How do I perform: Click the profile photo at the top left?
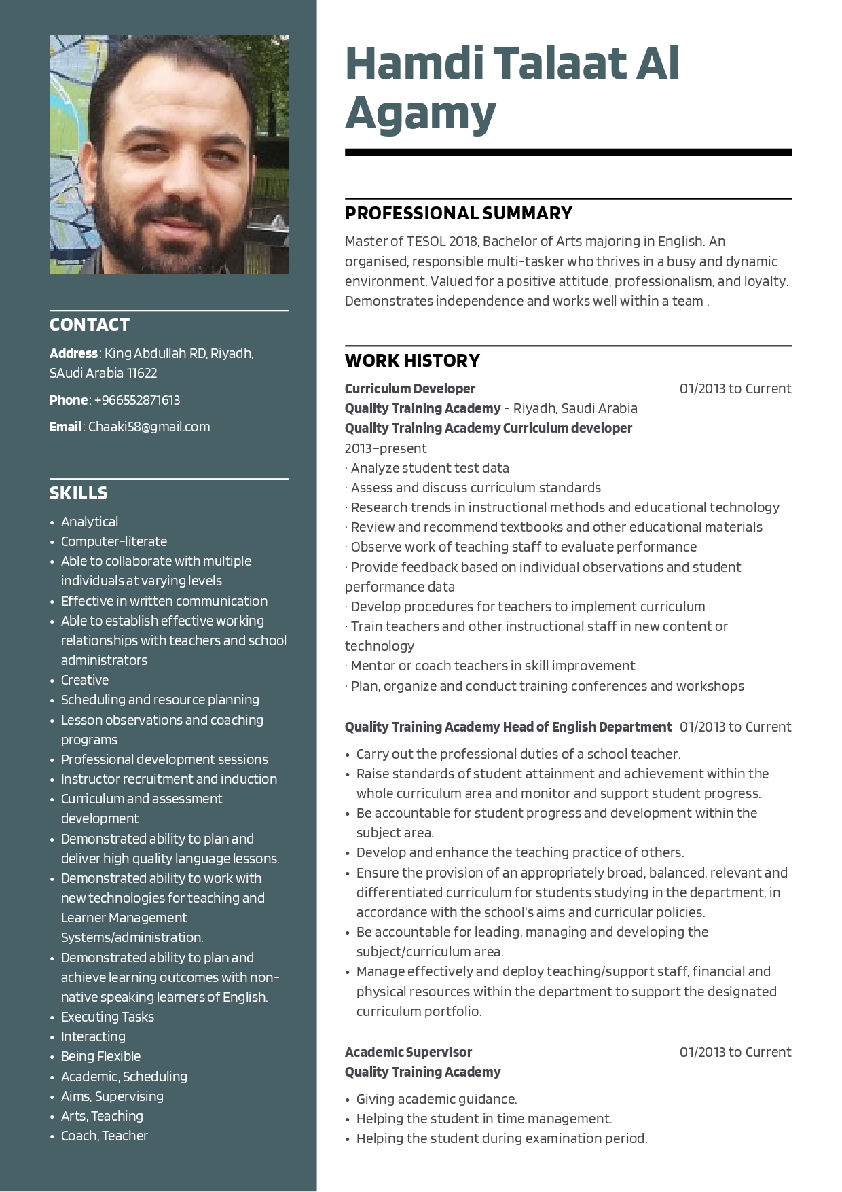[x=168, y=155]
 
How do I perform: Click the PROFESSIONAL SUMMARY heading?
[x=458, y=213]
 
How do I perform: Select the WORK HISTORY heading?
[x=412, y=361]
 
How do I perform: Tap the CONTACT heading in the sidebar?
[x=90, y=325]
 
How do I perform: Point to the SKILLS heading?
[x=78, y=493]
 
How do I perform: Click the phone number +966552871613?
[x=136, y=400]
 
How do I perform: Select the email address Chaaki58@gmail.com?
[x=149, y=427]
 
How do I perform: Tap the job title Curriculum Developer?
[x=410, y=389]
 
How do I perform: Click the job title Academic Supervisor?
[x=408, y=1052]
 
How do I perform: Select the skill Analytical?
[x=90, y=522]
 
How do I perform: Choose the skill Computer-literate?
[x=114, y=541]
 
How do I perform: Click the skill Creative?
[x=85, y=680]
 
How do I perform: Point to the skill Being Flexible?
[x=100, y=1056]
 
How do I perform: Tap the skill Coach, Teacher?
[x=105, y=1136]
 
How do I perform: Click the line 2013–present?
[x=386, y=448]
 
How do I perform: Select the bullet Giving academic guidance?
[x=437, y=1099]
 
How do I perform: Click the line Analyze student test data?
[x=430, y=468]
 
